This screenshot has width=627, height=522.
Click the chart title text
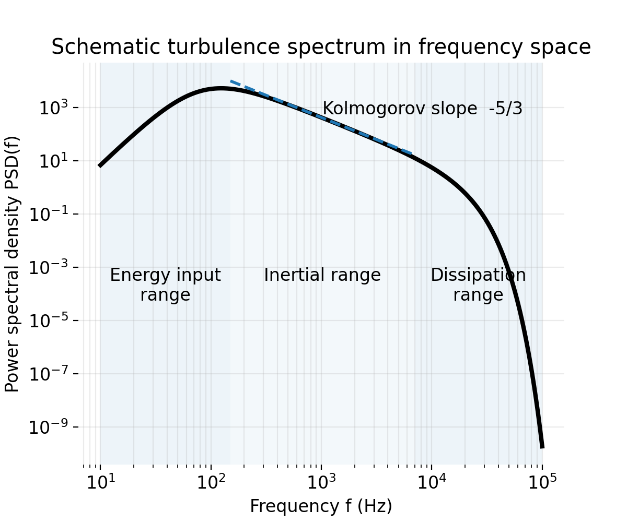coord(321,48)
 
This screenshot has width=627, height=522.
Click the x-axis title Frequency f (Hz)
coord(321,506)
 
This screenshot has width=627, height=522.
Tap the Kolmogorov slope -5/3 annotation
coord(422,109)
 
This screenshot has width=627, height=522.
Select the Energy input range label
coord(165,284)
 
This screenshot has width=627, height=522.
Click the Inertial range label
coord(322,275)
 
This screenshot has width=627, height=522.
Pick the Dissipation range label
coord(478,284)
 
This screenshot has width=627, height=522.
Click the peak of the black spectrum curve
coord(221,89)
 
